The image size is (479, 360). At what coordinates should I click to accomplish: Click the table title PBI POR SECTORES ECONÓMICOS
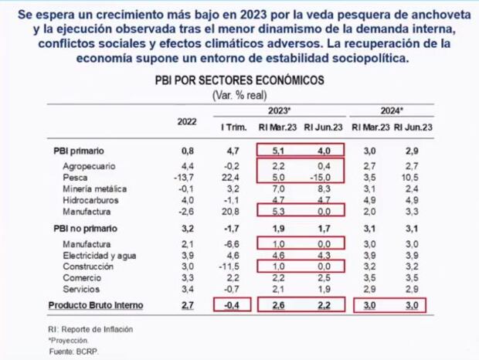[x=240, y=80]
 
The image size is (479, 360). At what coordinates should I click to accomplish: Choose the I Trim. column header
[x=234, y=127]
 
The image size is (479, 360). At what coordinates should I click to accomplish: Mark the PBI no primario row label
[x=81, y=229]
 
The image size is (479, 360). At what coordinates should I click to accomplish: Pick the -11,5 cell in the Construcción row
[x=233, y=267]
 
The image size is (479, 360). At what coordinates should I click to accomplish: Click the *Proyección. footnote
[x=70, y=339]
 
